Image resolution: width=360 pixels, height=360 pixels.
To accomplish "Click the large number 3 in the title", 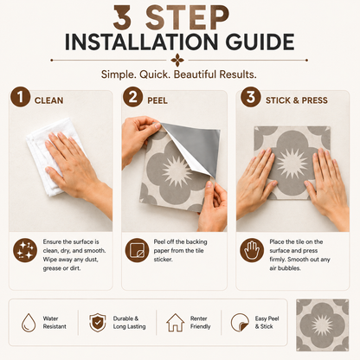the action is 122,17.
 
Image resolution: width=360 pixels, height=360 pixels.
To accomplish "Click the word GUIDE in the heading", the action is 260,42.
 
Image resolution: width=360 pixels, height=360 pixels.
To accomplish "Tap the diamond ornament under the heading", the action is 177,61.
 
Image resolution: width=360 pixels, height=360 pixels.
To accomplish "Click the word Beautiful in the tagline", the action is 195,74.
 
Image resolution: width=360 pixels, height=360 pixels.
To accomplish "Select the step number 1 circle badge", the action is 20,97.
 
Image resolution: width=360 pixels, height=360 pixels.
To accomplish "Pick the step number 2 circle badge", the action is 132,97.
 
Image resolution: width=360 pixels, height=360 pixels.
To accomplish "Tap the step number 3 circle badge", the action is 251,97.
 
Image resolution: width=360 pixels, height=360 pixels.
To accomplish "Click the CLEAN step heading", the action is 48,100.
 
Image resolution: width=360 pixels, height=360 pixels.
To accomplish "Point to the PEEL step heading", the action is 157,100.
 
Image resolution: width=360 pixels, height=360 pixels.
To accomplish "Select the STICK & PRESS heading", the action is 297,100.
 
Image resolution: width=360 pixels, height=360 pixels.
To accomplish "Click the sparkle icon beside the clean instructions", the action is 25,250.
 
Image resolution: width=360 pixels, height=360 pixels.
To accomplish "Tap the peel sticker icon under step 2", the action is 137,250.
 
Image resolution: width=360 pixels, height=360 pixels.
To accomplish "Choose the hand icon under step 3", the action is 252,250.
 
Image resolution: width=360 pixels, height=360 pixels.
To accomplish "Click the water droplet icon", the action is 29,323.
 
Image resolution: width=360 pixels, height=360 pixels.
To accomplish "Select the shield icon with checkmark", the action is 98,323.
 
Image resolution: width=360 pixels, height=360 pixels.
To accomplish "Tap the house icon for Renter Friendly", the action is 176,323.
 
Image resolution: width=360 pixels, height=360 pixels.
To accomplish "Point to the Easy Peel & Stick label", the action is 267,323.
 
